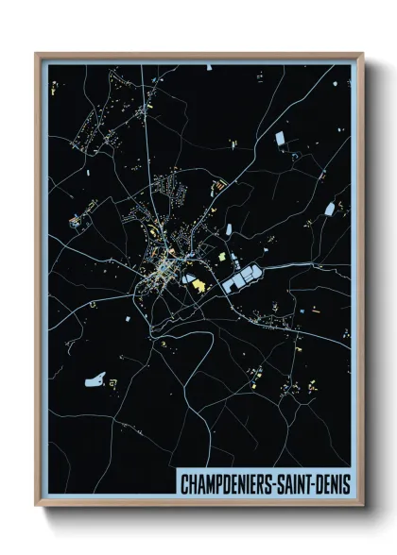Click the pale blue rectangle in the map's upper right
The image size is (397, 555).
(281, 140)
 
